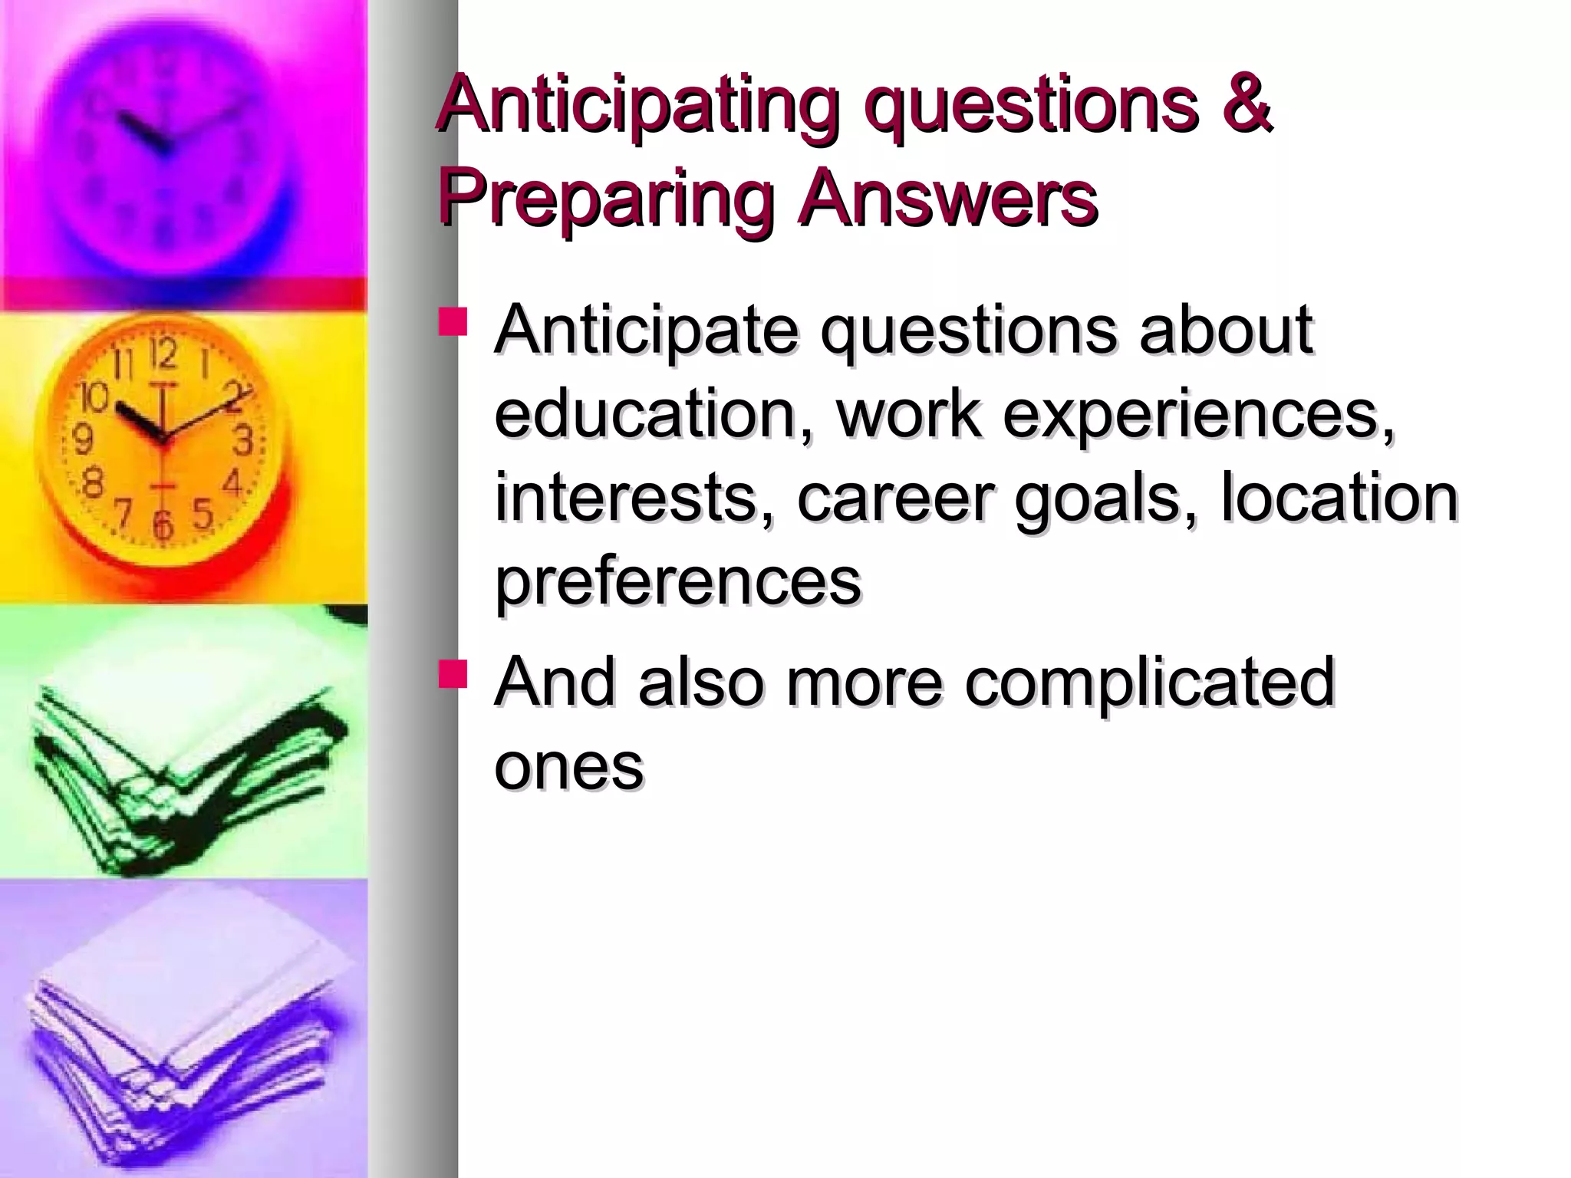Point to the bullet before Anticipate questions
tap(453, 322)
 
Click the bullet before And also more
tap(453, 673)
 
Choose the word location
tap(1339, 499)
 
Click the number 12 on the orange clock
tap(163, 354)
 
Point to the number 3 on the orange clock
tap(243, 441)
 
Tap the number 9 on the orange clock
tap(82, 439)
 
